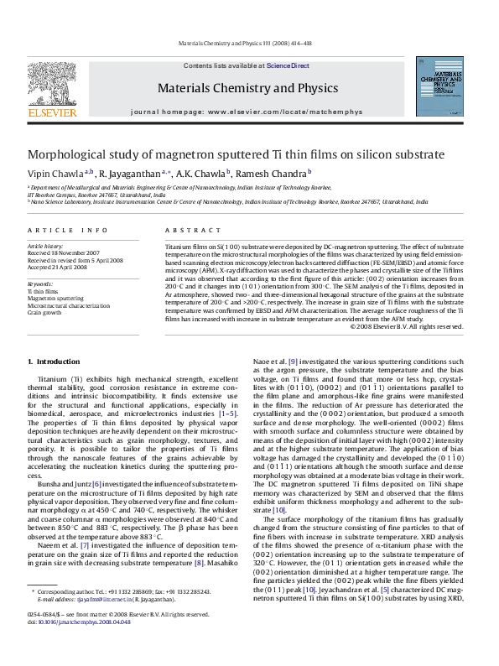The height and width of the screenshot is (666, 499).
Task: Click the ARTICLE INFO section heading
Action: (67, 230)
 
